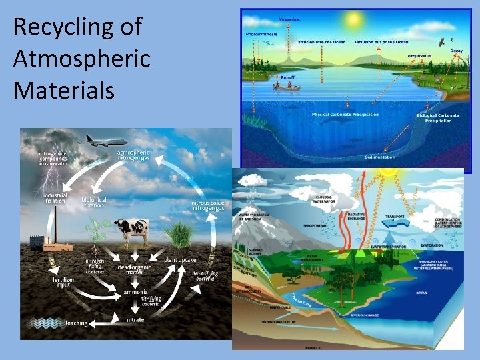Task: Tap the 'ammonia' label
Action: (x=135, y=292)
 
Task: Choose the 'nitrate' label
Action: (x=135, y=320)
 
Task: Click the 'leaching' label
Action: (x=77, y=323)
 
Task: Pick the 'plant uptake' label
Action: (x=180, y=259)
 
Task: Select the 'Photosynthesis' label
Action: (x=263, y=33)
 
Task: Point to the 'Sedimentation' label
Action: (x=379, y=157)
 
